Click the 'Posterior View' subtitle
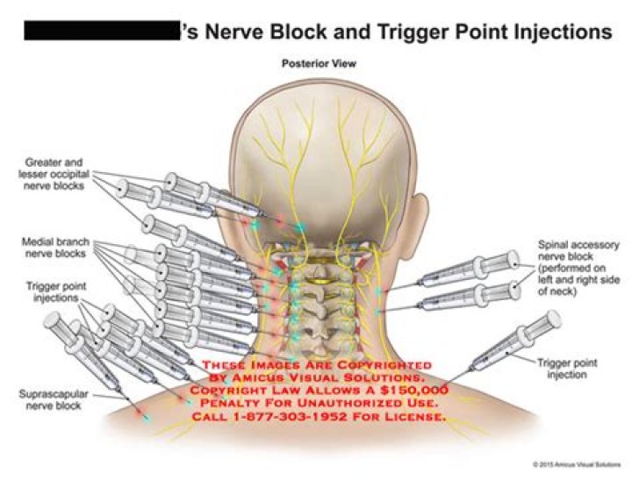[319, 63]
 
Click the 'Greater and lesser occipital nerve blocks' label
[55, 174]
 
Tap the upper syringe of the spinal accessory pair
[470, 270]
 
